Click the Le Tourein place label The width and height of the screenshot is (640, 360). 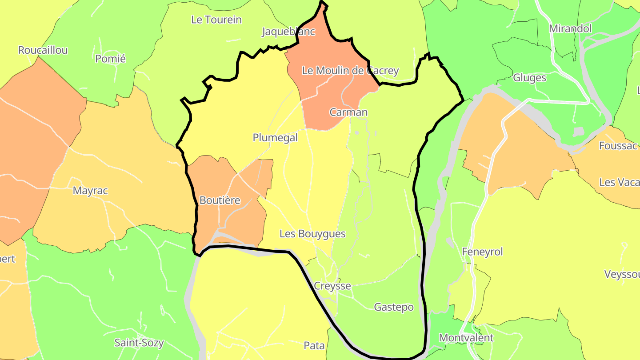click(x=216, y=20)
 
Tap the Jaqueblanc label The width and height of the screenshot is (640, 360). click(x=288, y=32)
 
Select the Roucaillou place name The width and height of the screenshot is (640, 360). click(x=43, y=50)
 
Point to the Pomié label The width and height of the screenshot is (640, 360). click(x=111, y=59)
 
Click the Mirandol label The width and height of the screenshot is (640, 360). click(x=571, y=28)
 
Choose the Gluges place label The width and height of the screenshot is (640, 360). click(x=529, y=78)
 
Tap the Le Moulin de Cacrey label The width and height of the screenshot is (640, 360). click(x=350, y=71)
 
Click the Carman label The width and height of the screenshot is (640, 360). click(x=348, y=112)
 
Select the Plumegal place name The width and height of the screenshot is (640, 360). click(x=275, y=138)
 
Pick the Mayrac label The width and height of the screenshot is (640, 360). click(x=90, y=191)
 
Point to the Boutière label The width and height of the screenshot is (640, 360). click(x=220, y=200)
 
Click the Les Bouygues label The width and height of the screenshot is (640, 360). click(x=312, y=234)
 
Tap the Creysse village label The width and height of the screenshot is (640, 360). click(x=332, y=286)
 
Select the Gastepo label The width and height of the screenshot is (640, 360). click(x=394, y=307)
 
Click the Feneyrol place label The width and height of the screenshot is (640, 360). click(x=483, y=252)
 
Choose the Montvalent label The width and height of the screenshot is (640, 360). click(x=466, y=338)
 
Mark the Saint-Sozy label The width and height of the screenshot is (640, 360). click(x=139, y=343)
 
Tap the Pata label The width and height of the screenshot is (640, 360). click(x=314, y=346)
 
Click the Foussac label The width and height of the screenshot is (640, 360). click(x=618, y=146)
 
